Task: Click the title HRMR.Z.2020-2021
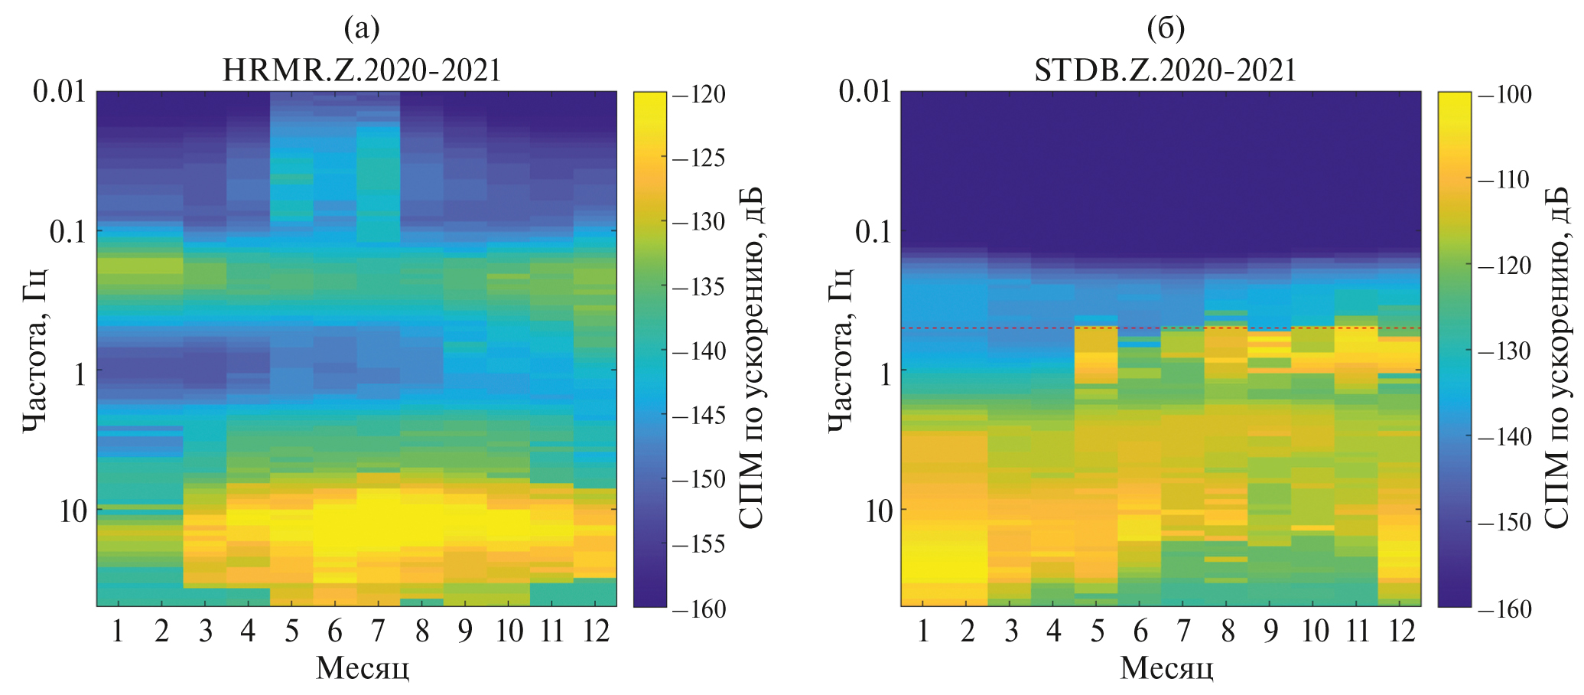[362, 70]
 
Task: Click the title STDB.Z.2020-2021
[1165, 70]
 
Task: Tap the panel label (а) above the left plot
[362, 29]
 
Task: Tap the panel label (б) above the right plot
[1166, 29]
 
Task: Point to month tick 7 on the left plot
[378, 632]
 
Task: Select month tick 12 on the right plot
[1401, 632]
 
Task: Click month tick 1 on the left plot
[119, 632]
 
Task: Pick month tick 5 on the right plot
[1098, 632]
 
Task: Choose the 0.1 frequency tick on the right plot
[873, 231]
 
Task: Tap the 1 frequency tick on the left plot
[77, 371]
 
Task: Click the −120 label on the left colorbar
[698, 95]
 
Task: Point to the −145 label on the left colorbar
[698, 416]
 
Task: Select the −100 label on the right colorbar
[1504, 95]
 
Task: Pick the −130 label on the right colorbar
[1504, 352]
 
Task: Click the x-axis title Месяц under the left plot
[362, 668]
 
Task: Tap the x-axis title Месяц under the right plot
[1166, 668]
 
